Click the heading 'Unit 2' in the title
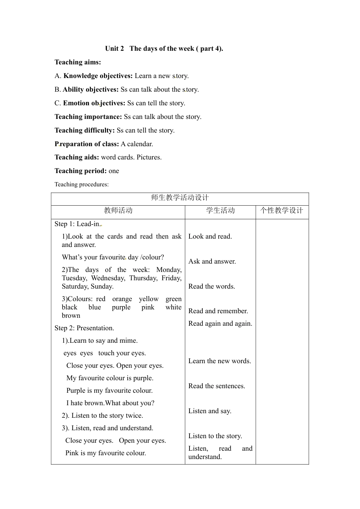pyautogui.click(x=114, y=48)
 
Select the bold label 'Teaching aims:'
pyautogui.click(x=78, y=62)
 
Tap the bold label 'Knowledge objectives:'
pyautogui.click(x=98, y=76)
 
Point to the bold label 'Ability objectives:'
pyautogui.click(x=91, y=89)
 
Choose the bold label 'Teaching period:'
pyautogui.click(x=81, y=171)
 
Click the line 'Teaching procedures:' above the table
pyautogui.click(x=81, y=184)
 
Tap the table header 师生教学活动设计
pyautogui.click(x=180, y=198)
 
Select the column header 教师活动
pyautogui.click(x=118, y=211)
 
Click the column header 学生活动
pyautogui.click(x=221, y=211)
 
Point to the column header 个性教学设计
pyautogui.click(x=282, y=211)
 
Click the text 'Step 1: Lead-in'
pyautogui.click(x=77, y=224)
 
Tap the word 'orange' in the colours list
pyautogui.click(x=122, y=299)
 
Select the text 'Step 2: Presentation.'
pyautogui.click(x=84, y=328)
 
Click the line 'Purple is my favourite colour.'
pyautogui.click(x=110, y=390)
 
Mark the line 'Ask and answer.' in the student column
pyautogui.click(x=212, y=261)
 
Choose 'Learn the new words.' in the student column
pyautogui.click(x=220, y=361)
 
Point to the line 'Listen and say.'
pyautogui.click(x=210, y=411)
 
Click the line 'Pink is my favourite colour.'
pyautogui.click(x=106, y=453)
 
